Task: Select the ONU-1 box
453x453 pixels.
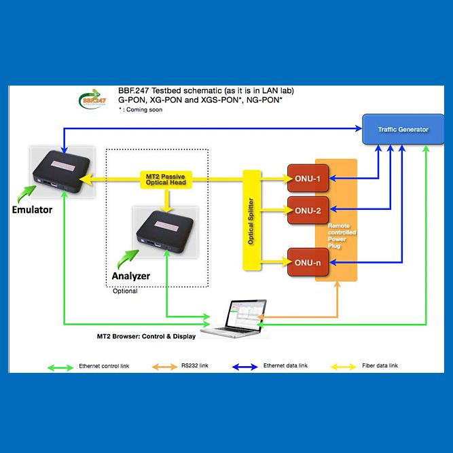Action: click(x=307, y=179)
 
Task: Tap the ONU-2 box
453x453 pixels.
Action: click(x=307, y=210)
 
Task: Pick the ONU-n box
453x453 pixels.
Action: click(x=307, y=261)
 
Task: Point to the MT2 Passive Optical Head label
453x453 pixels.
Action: click(x=166, y=180)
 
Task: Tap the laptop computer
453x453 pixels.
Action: click(x=237, y=319)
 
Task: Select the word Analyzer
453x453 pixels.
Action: click(x=130, y=276)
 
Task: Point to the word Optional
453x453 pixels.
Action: click(x=125, y=291)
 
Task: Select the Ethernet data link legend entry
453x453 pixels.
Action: click(x=285, y=366)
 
